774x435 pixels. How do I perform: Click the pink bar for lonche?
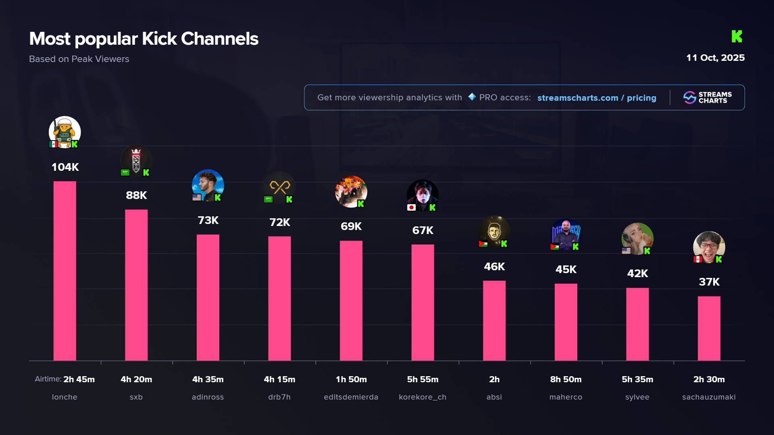pos(64,271)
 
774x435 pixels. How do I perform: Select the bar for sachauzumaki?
pos(709,328)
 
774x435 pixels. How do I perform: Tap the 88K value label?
pos(136,195)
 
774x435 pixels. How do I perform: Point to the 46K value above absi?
pos(494,267)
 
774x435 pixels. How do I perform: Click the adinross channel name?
pos(208,397)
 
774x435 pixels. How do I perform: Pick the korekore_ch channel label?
pos(422,397)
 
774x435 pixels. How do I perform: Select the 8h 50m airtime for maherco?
pos(566,379)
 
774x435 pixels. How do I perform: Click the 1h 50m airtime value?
pos(351,379)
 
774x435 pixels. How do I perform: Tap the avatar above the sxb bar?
pos(136,160)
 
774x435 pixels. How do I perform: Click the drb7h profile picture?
pos(279,187)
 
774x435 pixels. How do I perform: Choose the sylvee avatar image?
pos(637,238)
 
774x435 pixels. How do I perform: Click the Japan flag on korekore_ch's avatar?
pos(411,207)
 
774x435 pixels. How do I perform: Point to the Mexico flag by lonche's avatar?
pos(53,144)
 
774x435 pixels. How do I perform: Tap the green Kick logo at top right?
pos(737,36)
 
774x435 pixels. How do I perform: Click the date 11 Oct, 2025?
pos(715,58)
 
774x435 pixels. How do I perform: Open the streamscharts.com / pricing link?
pos(597,98)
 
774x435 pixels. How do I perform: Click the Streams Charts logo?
pos(707,97)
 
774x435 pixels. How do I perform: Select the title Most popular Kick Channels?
pos(144,39)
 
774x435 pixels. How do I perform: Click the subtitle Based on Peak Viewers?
pos(79,59)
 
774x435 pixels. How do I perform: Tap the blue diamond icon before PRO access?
pos(472,97)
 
